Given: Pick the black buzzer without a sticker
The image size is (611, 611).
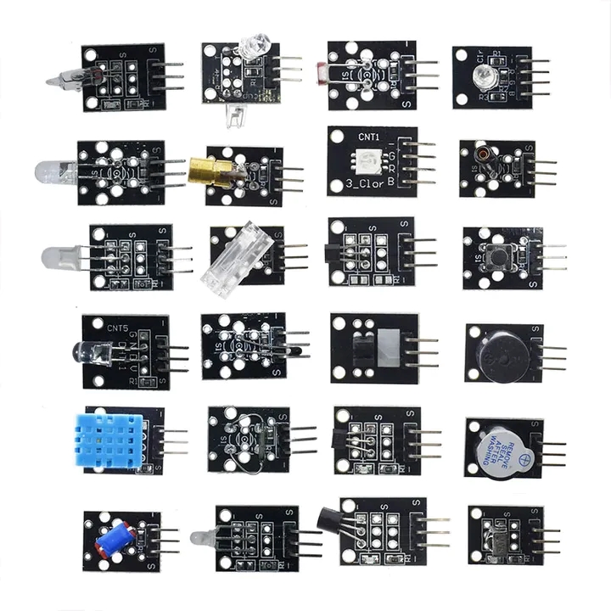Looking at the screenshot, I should tap(494, 350).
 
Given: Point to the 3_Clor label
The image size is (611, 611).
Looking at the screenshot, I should tap(367, 183).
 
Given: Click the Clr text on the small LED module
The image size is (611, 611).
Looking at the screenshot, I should tap(480, 60).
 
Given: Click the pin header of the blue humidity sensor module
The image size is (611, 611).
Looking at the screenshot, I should tap(173, 441).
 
